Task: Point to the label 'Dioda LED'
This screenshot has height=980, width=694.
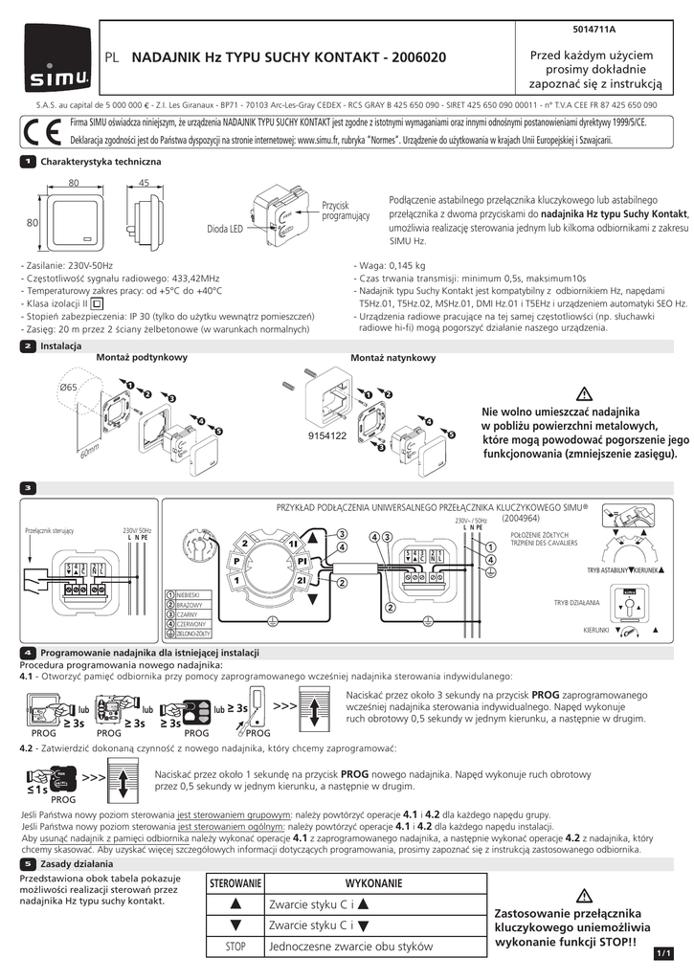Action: pos(226,230)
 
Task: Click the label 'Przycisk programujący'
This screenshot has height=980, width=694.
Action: pos(346,212)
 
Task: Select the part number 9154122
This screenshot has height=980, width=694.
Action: pos(326,434)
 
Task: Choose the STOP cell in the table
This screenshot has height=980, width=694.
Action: pos(236,947)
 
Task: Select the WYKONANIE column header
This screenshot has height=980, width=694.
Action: pos(374,882)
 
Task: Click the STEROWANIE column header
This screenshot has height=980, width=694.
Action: pos(236,882)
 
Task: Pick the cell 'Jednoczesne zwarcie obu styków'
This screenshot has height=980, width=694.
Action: pos(351,947)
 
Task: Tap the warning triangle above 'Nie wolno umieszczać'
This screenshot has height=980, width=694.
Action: pos(586,392)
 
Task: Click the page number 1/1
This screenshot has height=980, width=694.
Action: pos(664,953)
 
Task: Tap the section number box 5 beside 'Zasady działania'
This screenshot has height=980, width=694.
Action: pos(29,864)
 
